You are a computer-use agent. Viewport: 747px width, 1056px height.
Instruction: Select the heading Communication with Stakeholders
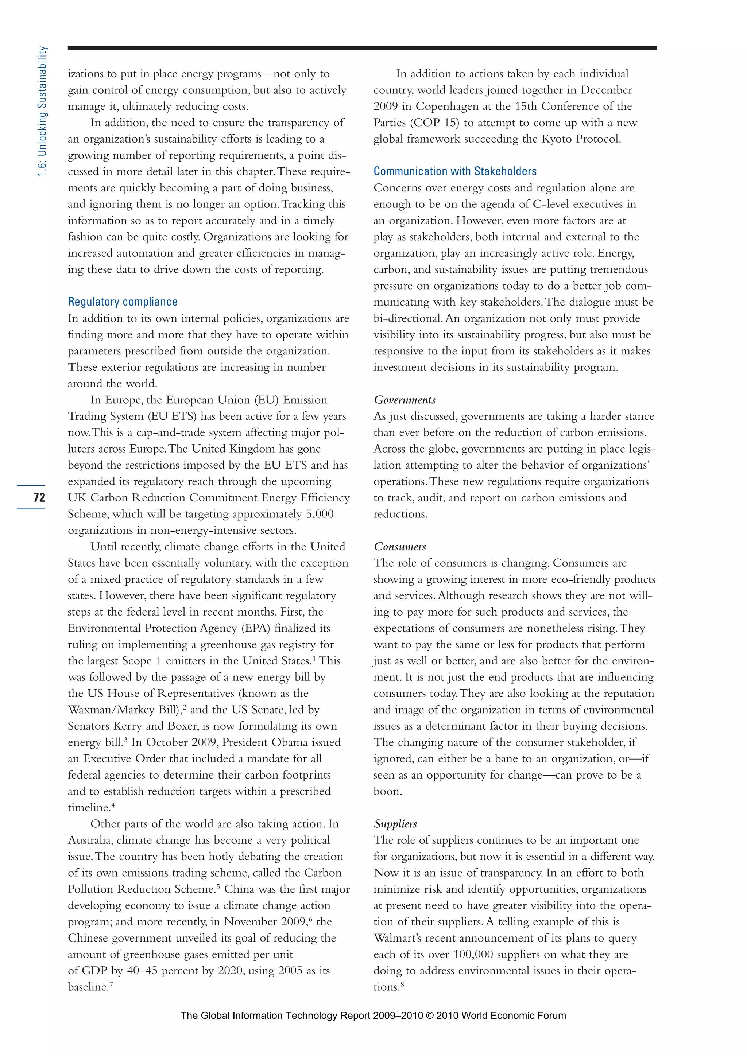tap(455, 171)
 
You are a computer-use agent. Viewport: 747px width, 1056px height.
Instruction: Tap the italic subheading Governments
tap(404, 400)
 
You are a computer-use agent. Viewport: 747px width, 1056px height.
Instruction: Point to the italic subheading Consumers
tap(400, 546)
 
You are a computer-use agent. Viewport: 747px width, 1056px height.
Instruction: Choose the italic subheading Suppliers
tap(395, 824)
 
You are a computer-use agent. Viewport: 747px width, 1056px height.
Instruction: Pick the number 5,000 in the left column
tap(319, 514)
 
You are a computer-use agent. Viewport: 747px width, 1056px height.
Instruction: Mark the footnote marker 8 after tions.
tap(402, 984)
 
